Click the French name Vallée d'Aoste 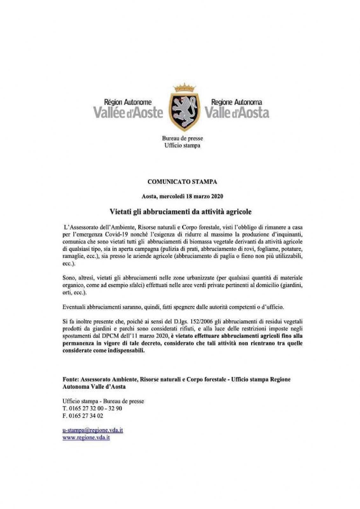click(128, 113)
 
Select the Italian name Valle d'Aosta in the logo click(237, 113)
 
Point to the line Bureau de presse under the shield click(182, 138)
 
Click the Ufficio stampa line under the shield click(182, 145)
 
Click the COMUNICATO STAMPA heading click(182, 182)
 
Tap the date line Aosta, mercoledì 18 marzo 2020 click(182, 196)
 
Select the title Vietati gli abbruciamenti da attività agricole click(182, 211)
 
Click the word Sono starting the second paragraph click(69, 278)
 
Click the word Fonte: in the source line click(70, 380)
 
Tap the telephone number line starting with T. click(92, 408)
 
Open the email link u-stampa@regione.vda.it click(93, 430)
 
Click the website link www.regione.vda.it click(86, 437)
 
